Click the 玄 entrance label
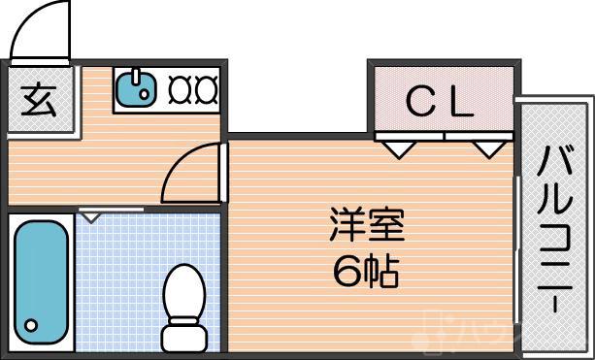39,101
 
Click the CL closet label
439,102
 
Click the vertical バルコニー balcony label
555,229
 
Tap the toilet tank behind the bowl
183,337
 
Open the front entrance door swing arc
39,29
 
